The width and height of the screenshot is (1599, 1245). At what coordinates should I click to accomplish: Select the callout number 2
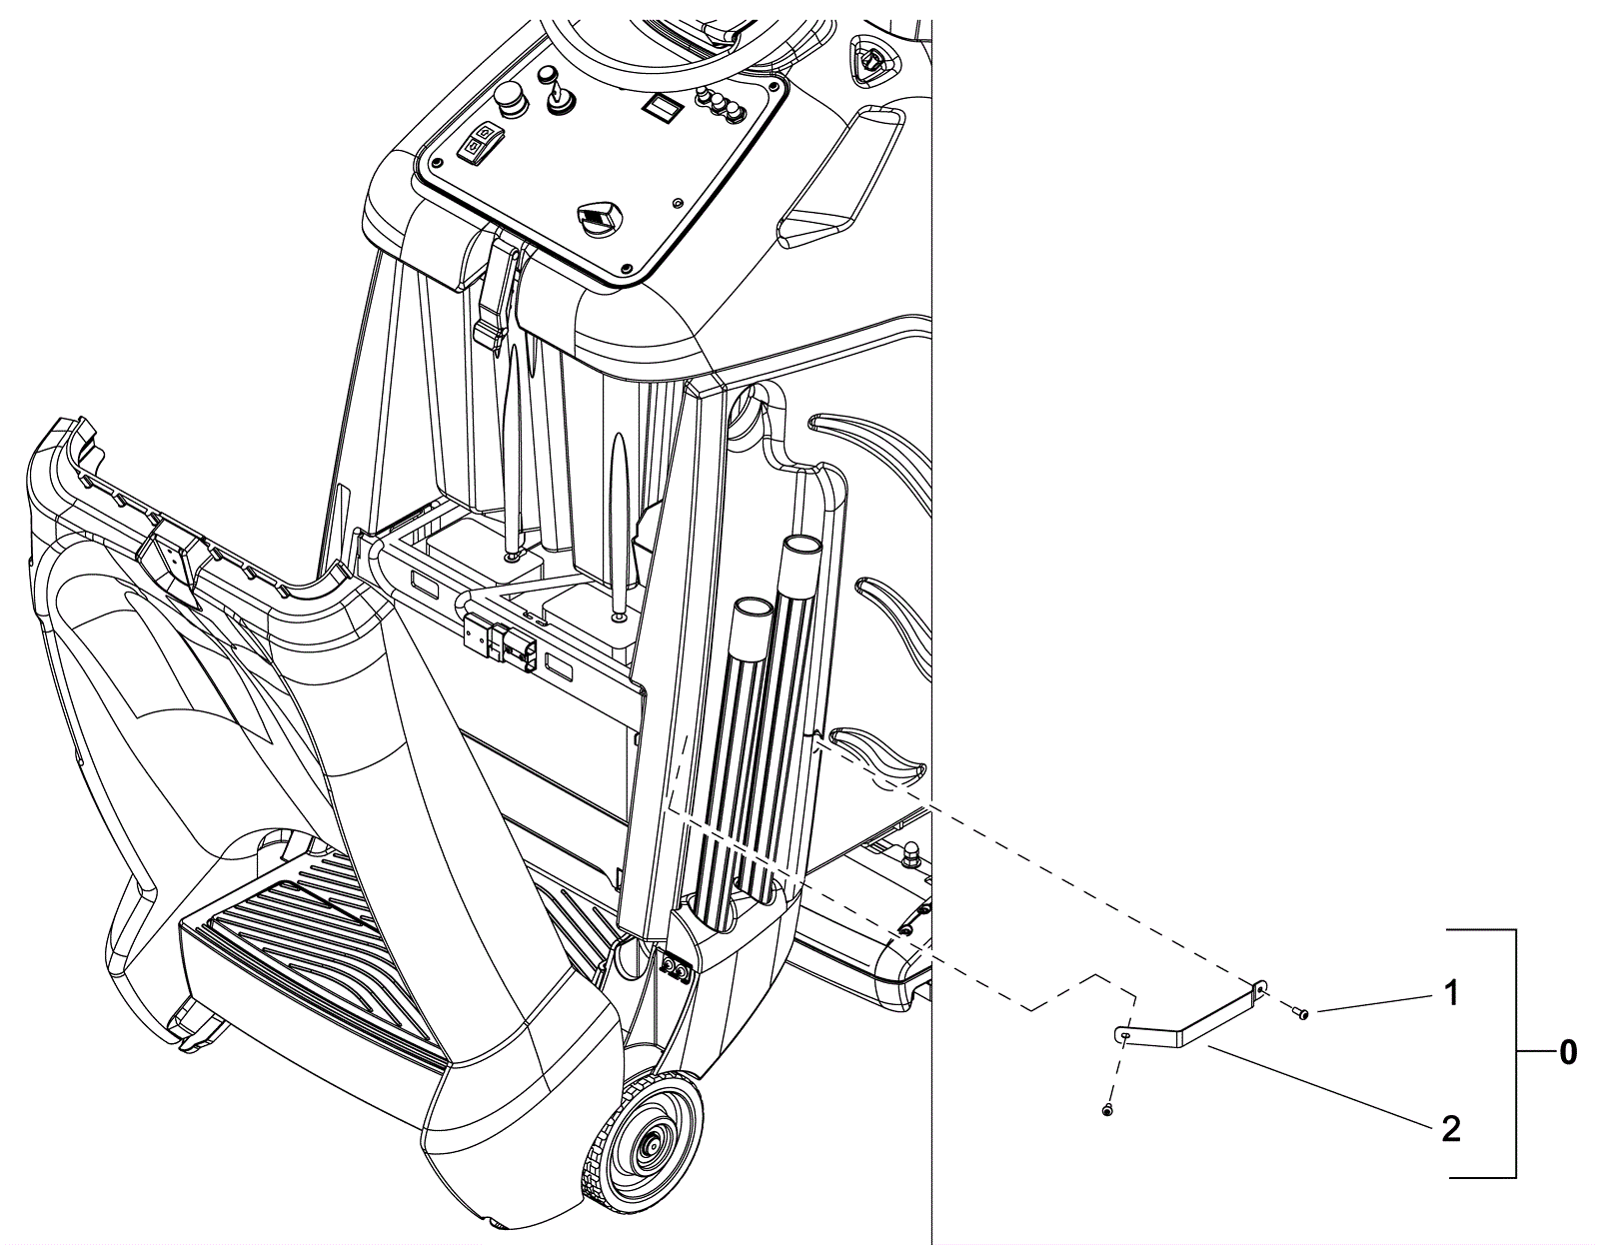tap(1450, 1129)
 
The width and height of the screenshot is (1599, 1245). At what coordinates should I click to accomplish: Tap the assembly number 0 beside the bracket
tap(1569, 1053)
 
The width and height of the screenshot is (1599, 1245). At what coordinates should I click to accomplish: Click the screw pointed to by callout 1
tap(1304, 1015)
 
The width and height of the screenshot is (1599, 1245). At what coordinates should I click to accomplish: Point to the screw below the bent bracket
tap(1107, 1110)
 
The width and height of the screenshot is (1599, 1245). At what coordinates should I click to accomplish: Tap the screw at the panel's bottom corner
tap(626, 269)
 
